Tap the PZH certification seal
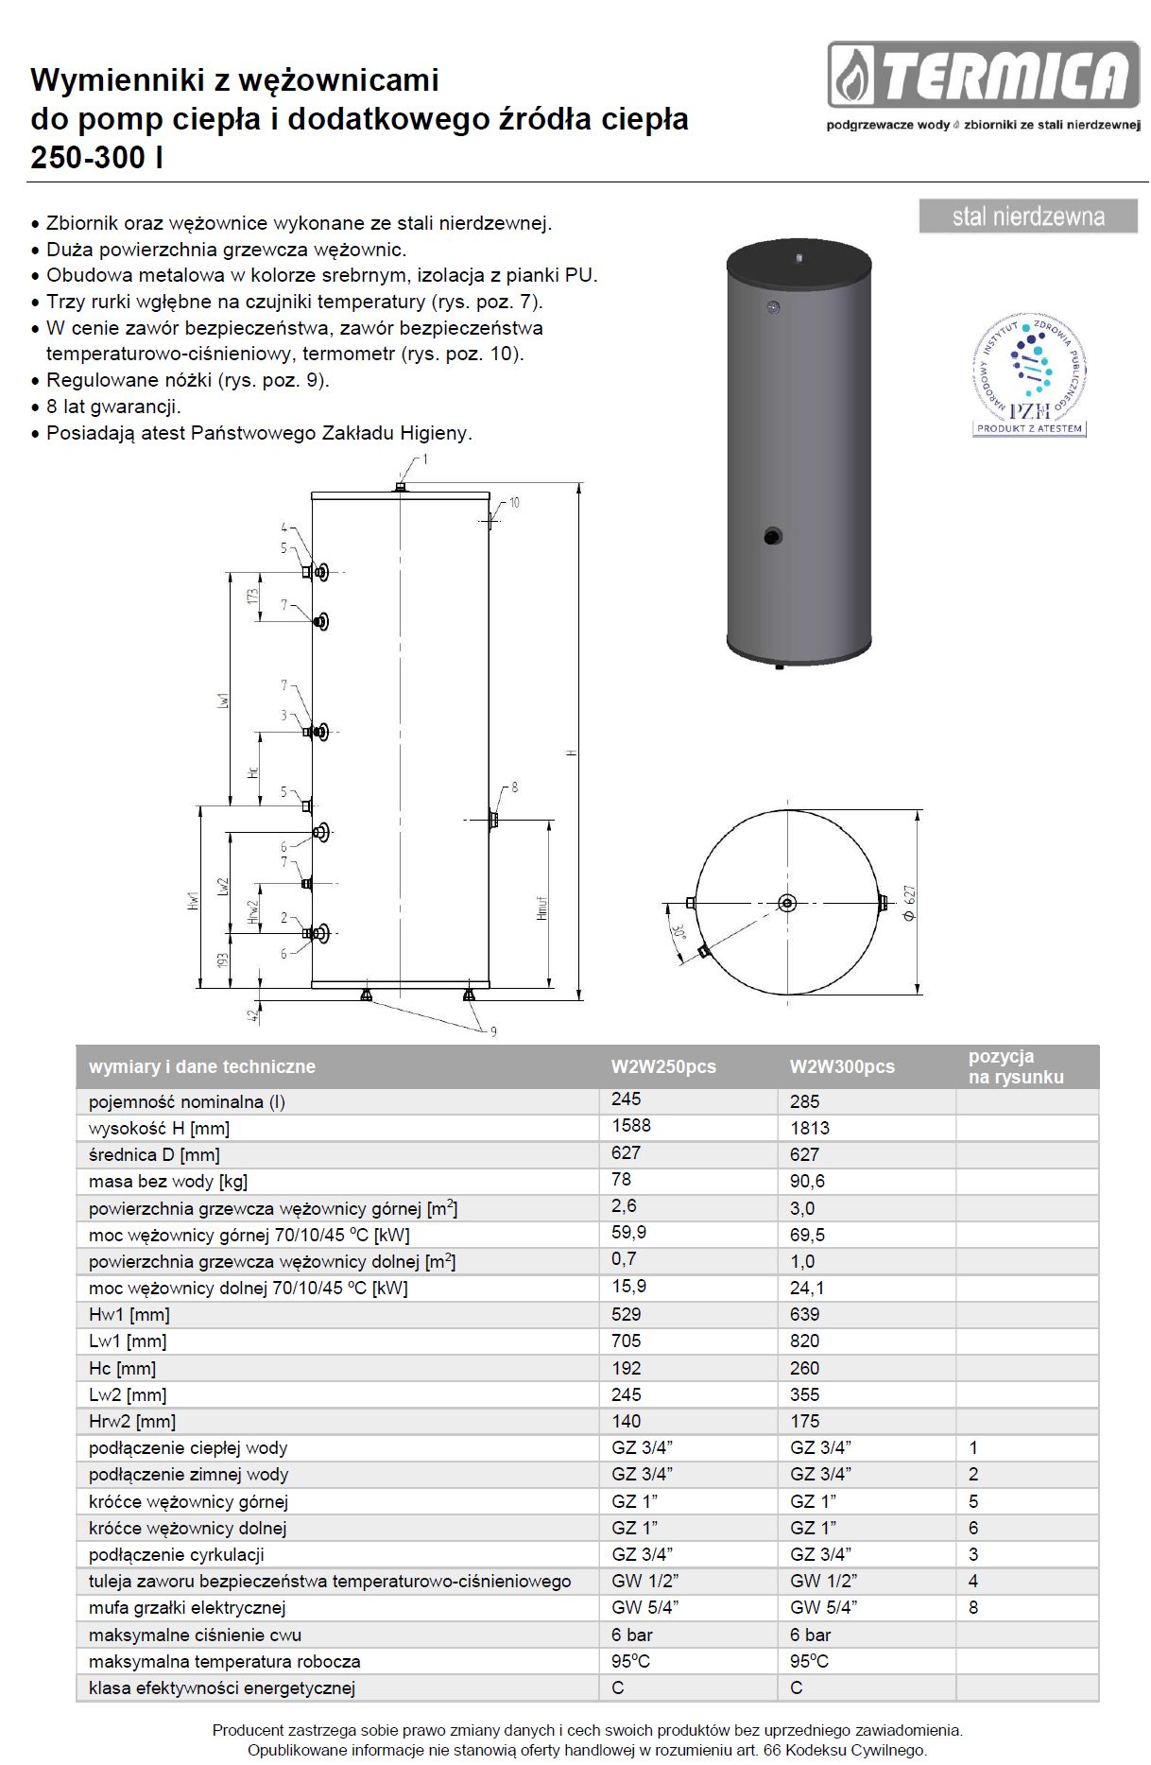1029,375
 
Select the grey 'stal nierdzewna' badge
1028,216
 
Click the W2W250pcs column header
663,1066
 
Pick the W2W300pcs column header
842,1066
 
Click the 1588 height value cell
631,1125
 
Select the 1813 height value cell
810,1128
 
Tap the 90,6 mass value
808,1181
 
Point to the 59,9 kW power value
629,1232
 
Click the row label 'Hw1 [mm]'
129,1314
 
